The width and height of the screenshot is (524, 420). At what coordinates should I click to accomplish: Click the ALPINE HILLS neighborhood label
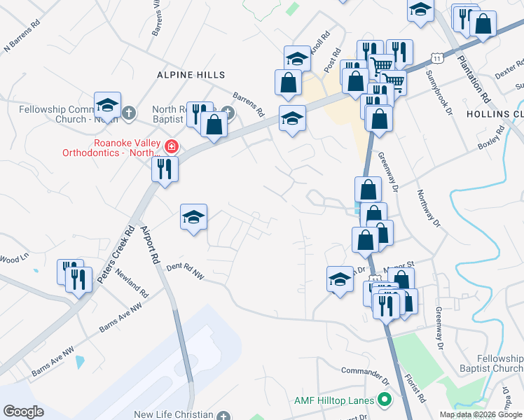pos(191,74)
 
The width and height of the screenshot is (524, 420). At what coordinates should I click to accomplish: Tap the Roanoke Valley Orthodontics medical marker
pos(171,147)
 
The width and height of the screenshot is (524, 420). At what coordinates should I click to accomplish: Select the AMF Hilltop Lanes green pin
pos(383,400)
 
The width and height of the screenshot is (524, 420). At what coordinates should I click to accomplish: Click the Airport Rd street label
pos(150,246)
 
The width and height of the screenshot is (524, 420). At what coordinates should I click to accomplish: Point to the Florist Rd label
pos(417,388)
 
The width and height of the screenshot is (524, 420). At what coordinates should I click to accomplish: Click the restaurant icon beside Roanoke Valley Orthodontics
pos(165,169)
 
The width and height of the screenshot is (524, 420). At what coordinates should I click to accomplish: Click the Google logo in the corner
pos(23,412)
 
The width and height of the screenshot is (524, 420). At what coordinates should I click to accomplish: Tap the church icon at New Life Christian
pos(223,415)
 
